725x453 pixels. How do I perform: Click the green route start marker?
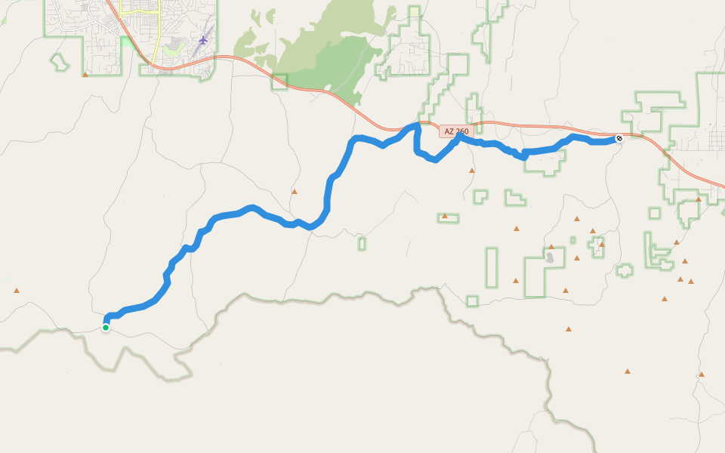coord(106,327)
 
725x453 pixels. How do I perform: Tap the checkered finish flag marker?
coord(619,138)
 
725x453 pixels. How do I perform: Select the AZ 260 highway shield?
coord(456,131)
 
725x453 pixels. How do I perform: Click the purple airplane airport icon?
coord(202,39)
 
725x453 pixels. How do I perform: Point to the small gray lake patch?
coord(550,258)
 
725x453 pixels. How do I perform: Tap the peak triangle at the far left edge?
coord(16,290)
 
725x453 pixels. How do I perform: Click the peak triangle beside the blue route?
coord(295,192)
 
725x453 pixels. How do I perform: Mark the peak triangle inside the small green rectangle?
coord(445,217)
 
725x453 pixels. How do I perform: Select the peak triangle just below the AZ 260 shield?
coord(472,171)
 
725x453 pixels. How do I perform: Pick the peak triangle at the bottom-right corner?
coord(702,374)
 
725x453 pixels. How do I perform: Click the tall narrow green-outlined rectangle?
coord(492,267)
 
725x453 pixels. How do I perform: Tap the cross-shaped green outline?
coord(625,270)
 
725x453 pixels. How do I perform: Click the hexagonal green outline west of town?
coord(59,62)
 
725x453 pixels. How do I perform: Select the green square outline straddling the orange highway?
coord(280,82)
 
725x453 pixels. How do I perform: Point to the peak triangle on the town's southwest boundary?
coord(85,75)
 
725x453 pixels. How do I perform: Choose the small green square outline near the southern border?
coord(472,300)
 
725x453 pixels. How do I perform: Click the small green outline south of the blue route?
coord(362,244)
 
